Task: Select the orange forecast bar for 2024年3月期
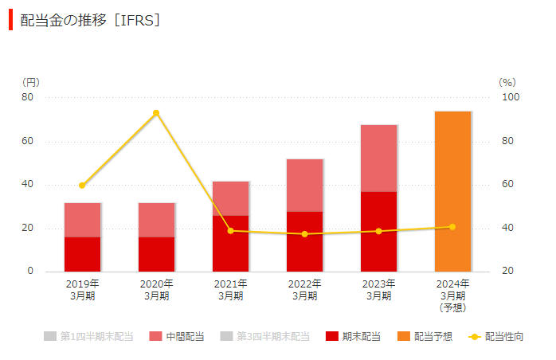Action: (x=452, y=191)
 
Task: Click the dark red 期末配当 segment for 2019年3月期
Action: (x=82, y=254)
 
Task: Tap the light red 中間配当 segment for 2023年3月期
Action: (x=378, y=158)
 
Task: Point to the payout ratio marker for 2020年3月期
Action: (x=156, y=113)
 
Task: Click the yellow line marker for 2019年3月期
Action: (x=82, y=186)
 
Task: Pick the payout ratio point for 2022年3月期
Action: (x=304, y=234)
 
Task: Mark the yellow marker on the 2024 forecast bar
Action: (x=452, y=227)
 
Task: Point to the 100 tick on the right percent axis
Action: (x=509, y=97)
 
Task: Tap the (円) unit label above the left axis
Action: (x=30, y=82)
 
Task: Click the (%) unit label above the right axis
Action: (x=507, y=82)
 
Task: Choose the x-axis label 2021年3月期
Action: (x=230, y=290)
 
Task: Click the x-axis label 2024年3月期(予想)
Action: (x=452, y=295)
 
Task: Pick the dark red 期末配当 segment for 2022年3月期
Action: (x=304, y=241)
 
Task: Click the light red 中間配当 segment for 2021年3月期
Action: (x=230, y=198)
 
